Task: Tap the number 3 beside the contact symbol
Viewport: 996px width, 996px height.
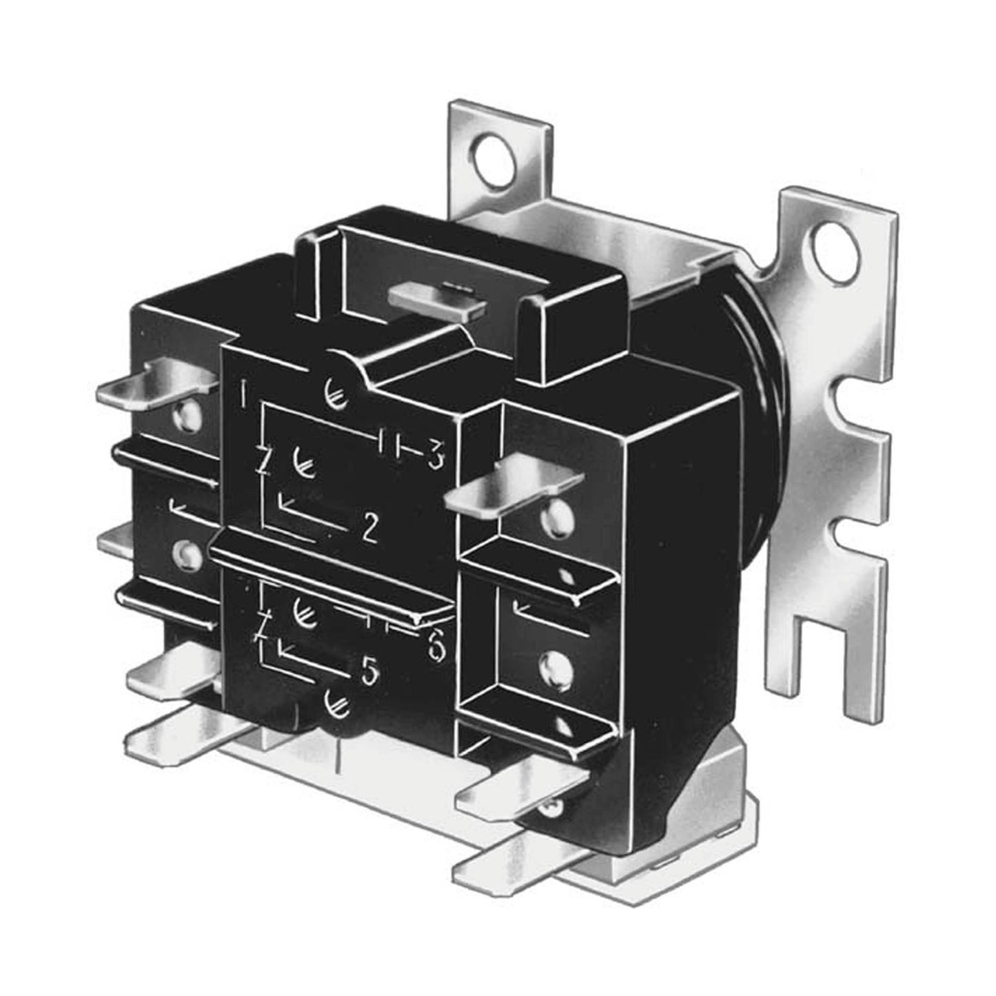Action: (x=434, y=457)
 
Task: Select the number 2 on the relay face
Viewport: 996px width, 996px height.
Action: (x=369, y=529)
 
